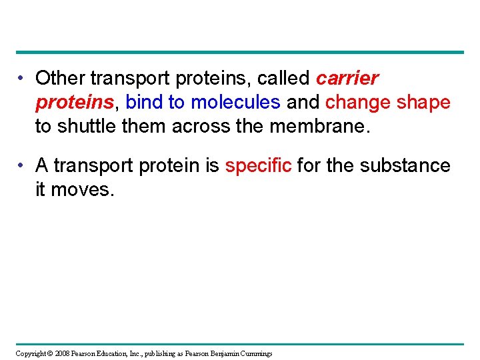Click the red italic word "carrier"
347,79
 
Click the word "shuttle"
91,126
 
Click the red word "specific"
258,166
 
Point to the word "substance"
404,166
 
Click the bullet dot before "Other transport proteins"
22,79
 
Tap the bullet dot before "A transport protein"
22,166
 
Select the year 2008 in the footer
63,353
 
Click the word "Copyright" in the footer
31,353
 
